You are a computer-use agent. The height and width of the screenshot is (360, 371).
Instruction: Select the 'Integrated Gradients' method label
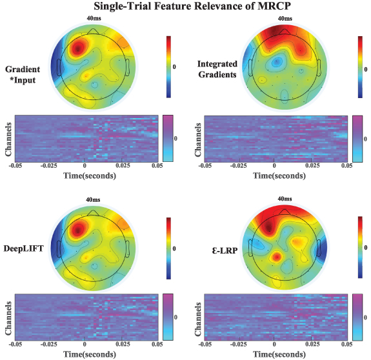217,66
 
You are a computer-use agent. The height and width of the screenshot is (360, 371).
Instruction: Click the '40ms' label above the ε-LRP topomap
285,199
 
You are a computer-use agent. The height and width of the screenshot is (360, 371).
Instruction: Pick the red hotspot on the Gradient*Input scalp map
79,47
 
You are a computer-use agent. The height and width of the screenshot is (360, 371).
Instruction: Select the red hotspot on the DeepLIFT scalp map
79,227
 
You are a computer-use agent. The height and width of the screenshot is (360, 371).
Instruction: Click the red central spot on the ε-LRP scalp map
276,257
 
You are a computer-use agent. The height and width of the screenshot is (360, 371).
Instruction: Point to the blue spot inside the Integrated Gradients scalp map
277,62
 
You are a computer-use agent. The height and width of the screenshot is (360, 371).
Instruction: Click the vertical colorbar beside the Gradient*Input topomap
169,66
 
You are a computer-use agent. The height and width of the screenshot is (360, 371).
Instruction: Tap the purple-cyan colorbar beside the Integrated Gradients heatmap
358,138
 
